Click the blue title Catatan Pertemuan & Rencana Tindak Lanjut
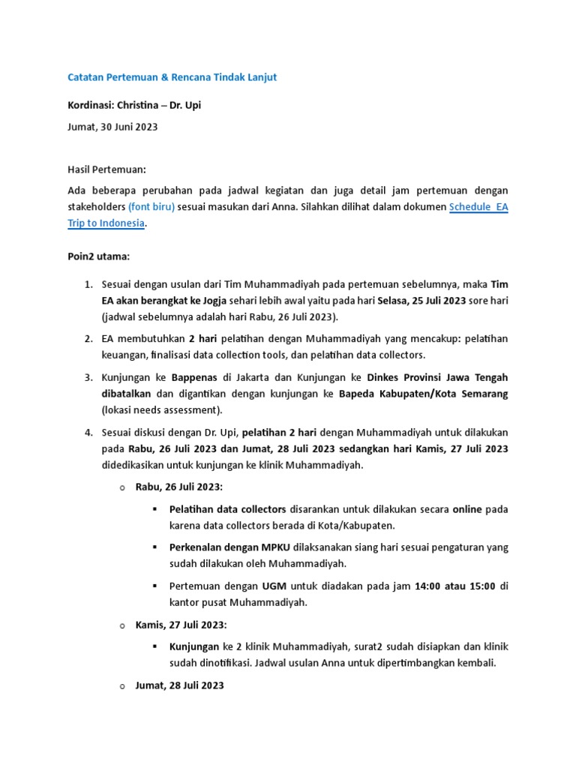click(172, 77)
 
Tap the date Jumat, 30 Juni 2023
click(112, 127)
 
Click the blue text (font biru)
click(151, 205)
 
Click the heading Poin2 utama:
click(98, 256)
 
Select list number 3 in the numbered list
click(88, 376)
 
